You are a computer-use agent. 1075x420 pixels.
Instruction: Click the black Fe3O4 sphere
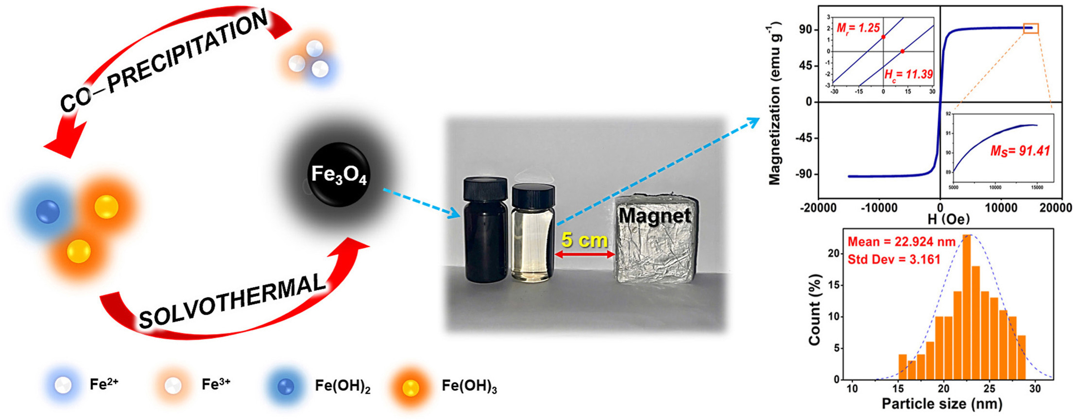pos(339,175)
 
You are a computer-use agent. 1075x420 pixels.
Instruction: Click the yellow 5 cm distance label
pos(584,240)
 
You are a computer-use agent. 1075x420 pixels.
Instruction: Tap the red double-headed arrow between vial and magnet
pos(585,254)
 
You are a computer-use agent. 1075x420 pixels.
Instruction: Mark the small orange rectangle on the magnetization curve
pos(1031,28)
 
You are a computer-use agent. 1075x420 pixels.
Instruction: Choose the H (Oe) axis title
pos(948,219)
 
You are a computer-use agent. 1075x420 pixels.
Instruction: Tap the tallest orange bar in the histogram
pos(967,307)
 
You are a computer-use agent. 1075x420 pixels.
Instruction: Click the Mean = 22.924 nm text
pos(902,242)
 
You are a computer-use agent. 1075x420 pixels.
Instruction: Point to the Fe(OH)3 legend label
pos(469,386)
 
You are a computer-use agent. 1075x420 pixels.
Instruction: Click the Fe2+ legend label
pos(104,385)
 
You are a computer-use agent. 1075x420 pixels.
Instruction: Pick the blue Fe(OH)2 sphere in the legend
pos(286,386)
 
